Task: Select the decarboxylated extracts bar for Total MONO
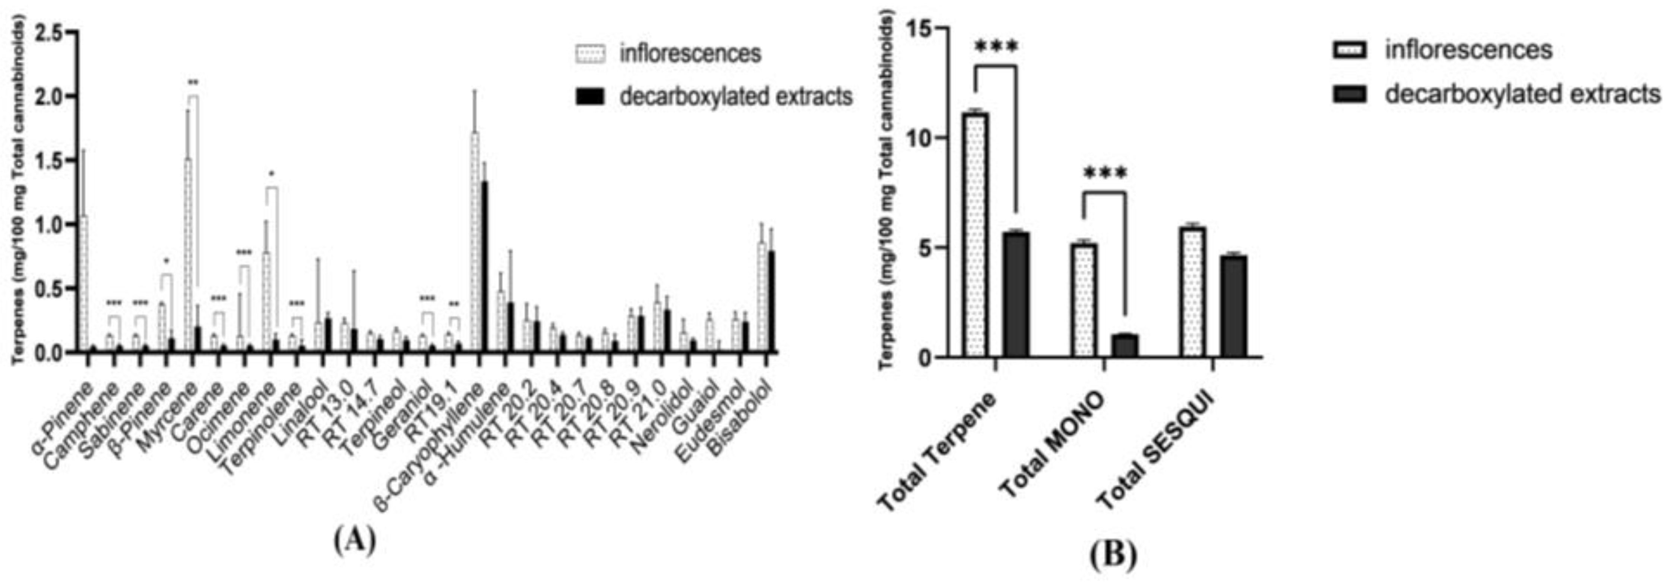click(x=1125, y=346)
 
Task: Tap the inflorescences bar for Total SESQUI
click(x=1193, y=292)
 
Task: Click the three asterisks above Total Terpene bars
click(x=996, y=47)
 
